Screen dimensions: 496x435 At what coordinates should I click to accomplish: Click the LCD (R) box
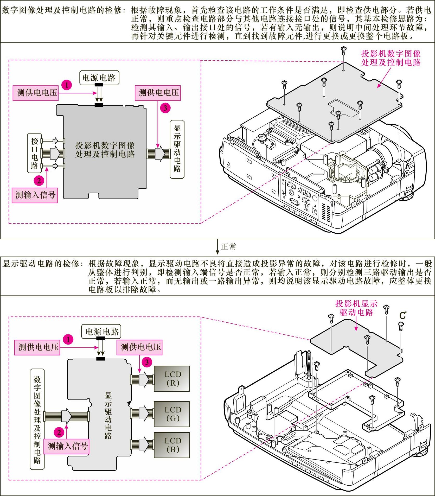pyautogui.click(x=172, y=379)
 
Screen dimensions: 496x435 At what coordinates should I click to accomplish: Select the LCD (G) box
pyautogui.click(x=172, y=414)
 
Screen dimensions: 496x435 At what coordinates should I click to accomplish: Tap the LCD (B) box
pyautogui.click(x=172, y=445)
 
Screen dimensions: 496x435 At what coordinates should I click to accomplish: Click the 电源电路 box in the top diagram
pyautogui.click(x=99, y=78)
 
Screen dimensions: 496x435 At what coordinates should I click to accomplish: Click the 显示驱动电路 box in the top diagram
pyautogui.click(x=177, y=149)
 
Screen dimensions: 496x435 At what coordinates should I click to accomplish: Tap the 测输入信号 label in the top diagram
pyautogui.click(x=35, y=195)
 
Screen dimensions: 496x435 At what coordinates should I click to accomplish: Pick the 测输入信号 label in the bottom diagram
pyautogui.click(x=66, y=446)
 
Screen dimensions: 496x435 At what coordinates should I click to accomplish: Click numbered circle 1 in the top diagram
pyautogui.click(x=67, y=85)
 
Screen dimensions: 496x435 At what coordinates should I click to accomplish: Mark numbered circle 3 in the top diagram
pyautogui.click(x=165, y=108)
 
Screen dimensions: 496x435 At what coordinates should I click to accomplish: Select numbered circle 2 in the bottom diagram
pyautogui.click(x=59, y=432)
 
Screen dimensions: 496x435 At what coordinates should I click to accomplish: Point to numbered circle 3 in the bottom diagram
pyautogui.click(x=147, y=362)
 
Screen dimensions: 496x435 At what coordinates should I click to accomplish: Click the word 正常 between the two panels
pyautogui.click(x=229, y=247)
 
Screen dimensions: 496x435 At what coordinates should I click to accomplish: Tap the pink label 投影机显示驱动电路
pyautogui.click(x=356, y=308)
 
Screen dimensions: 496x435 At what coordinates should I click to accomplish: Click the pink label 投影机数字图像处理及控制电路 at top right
pyautogui.click(x=391, y=58)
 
